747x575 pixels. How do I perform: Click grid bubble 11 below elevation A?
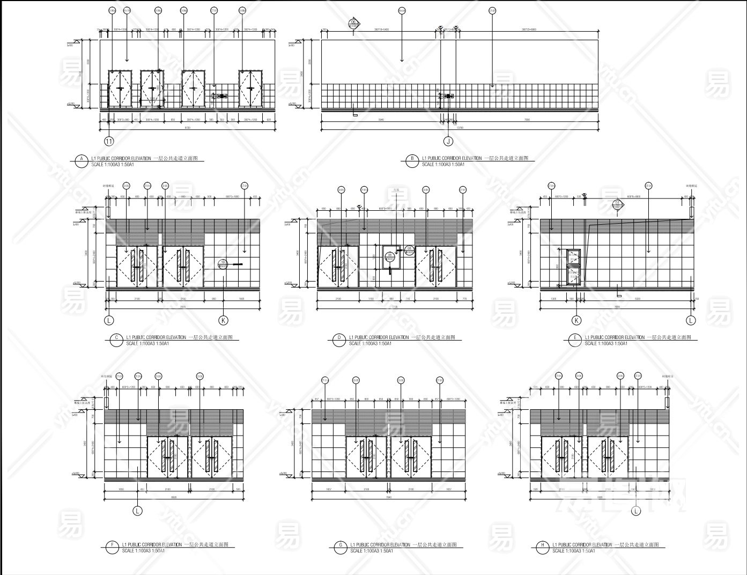point(109,142)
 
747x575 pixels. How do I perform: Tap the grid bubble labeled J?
point(448,142)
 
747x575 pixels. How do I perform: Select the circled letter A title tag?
point(82,159)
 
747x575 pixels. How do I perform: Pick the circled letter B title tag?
point(412,159)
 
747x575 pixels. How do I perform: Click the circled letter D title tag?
point(339,338)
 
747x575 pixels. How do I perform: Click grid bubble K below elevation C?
point(223,321)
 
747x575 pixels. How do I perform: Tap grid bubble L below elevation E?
point(691,321)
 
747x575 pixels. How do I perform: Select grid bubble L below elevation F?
point(137,511)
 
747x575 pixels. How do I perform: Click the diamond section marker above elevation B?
point(353,23)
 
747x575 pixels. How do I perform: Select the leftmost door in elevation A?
point(120,89)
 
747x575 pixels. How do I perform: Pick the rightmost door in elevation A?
point(250,89)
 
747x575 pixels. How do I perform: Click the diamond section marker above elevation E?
point(618,204)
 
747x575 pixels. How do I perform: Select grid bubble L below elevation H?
point(636,511)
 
